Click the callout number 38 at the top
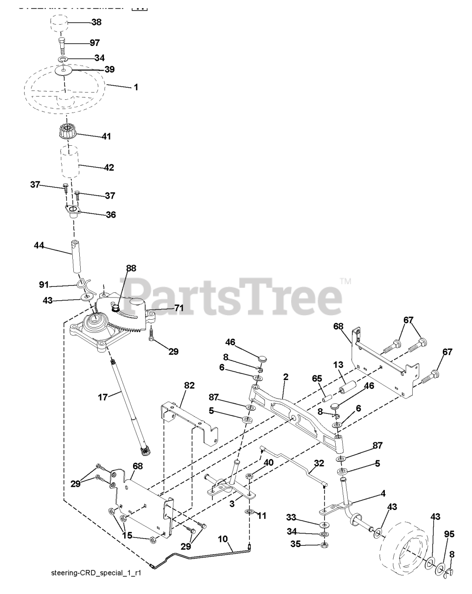[96, 22]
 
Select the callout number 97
[95, 43]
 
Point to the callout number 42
[108, 168]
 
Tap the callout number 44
[38, 245]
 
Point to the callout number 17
[102, 397]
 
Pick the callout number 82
[189, 385]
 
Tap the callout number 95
[449, 534]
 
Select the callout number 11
[262, 516]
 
